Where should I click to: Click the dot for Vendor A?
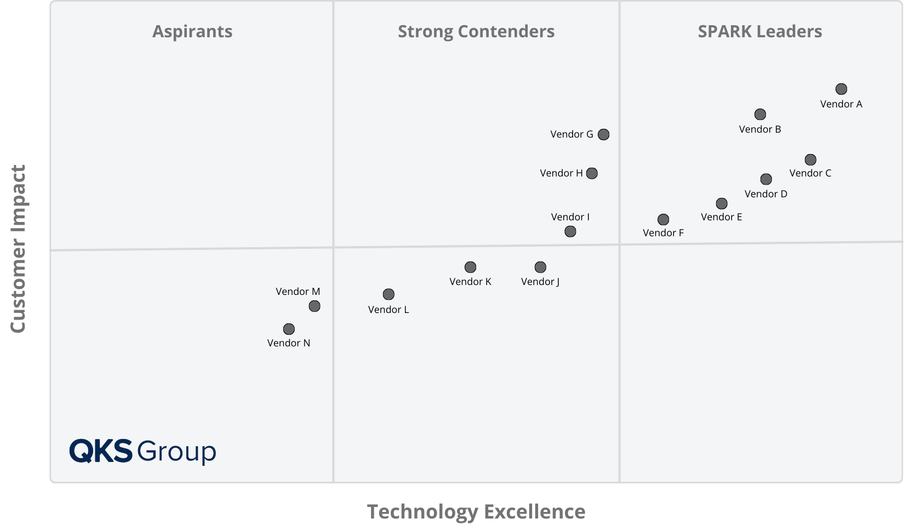tap(841, 89)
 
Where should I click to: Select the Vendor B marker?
tap(760, 114)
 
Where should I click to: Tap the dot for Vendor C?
tap(810, 159)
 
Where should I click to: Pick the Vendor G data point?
tap(603, 134)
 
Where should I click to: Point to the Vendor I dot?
tap(570, 231)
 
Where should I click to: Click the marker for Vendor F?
tap(663, 219)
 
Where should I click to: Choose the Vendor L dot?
tap(388, 294)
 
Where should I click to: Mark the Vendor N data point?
tap(289, 329)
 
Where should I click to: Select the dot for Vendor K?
tap(470, 267)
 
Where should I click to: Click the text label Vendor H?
tap(561, 173)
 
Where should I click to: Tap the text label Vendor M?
tap(298, 292)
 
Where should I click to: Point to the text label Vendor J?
tap(540, 282)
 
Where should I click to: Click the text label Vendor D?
tap(765, 194)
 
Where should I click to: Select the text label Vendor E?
tap(721, 217)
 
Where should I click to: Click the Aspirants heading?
tap(192, 31)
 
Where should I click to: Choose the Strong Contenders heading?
tap(476, 31)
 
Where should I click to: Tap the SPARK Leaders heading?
tap(759, 31)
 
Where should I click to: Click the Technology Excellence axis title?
tap(476, 511)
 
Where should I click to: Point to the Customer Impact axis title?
tap(18, 248)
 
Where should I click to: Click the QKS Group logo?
tap(142, 451)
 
